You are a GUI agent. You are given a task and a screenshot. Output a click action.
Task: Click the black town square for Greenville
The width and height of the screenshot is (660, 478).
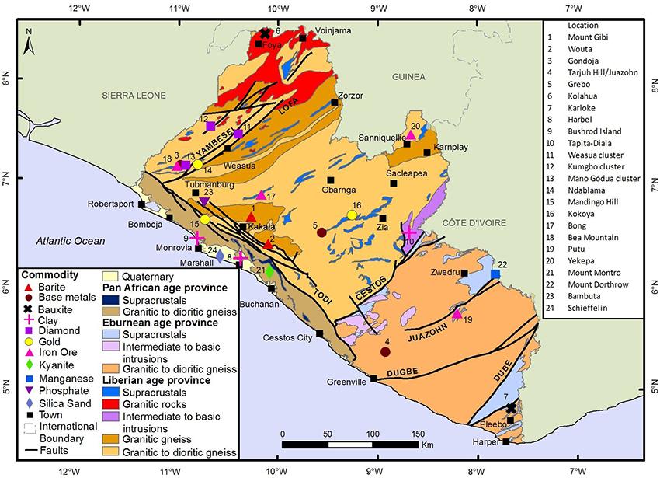373,379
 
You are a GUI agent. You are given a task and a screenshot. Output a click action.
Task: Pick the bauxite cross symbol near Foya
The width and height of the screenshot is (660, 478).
265,33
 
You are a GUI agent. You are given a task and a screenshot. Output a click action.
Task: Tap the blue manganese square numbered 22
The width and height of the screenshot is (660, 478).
496,274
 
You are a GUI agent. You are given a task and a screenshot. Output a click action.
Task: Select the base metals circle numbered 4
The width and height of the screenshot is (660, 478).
385,352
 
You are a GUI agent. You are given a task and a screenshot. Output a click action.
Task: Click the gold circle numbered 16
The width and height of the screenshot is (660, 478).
352,215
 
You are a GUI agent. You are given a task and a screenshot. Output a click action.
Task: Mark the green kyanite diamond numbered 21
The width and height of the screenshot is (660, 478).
269,271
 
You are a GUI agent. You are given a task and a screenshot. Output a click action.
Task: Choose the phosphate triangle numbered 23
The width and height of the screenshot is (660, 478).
204,202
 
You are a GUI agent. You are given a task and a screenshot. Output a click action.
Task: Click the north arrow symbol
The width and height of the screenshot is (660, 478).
28,42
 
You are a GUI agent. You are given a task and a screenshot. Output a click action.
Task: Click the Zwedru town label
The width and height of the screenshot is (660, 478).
443,273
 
